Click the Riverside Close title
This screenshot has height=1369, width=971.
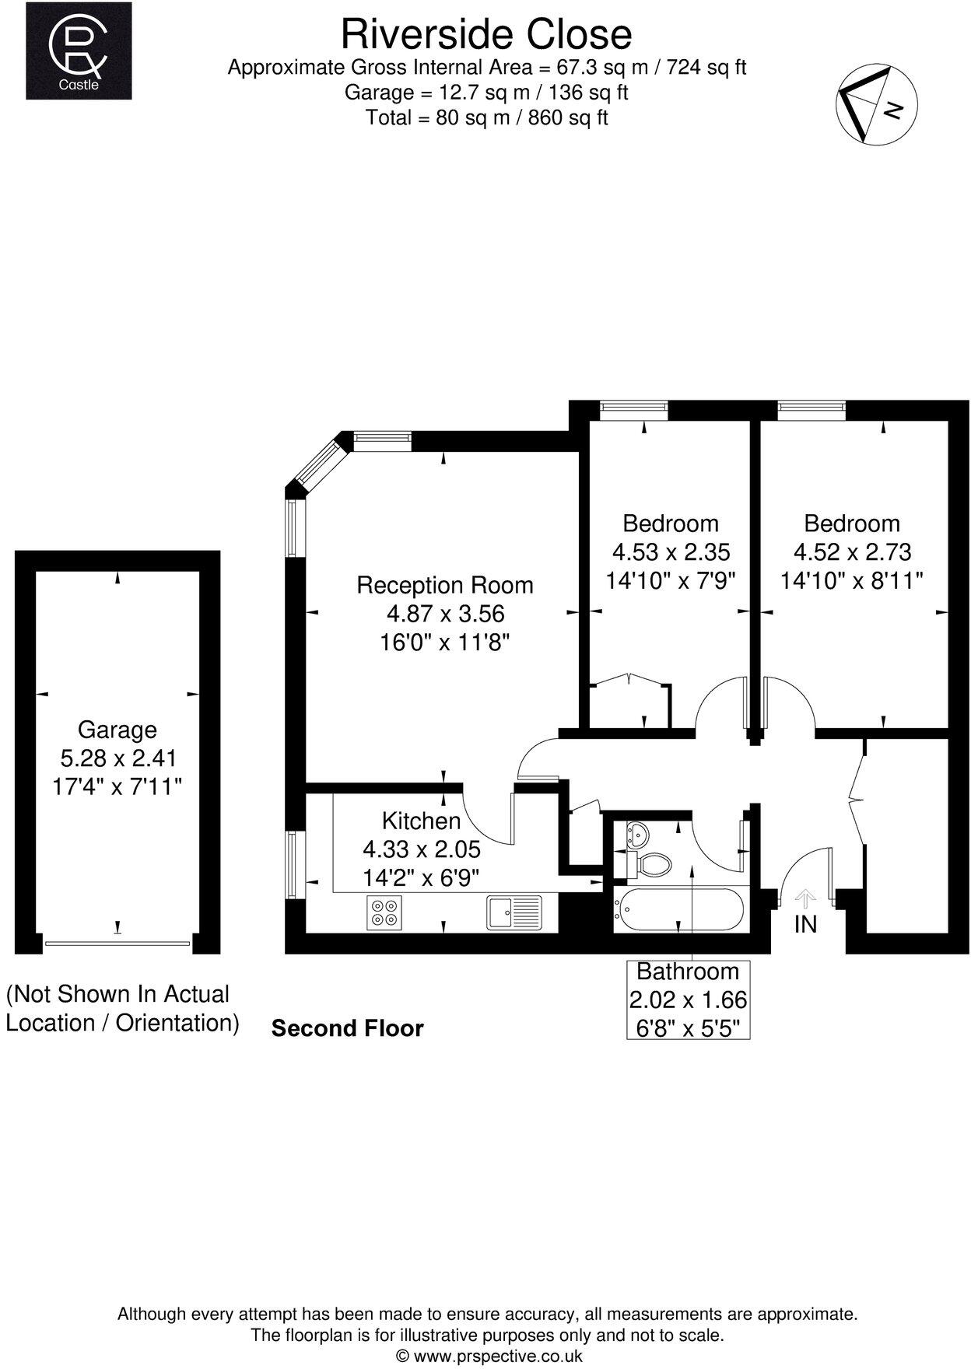[486, 35]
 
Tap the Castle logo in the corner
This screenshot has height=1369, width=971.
[79, 51]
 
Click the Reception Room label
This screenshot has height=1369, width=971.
[445, 585]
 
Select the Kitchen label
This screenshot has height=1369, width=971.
[421, 821]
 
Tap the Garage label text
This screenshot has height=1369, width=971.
[117, 730]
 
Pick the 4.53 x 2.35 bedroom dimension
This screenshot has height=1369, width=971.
[671, 552]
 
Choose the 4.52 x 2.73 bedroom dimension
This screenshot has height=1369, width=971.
[852, 552]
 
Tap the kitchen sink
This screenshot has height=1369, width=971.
[514, 912]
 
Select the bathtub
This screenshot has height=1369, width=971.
[680, 909]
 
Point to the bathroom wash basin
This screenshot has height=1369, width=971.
[636, 835]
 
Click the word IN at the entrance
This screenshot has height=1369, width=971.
[805, 924]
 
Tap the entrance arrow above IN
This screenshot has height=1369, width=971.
[805, 899]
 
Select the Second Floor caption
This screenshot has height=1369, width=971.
[347, 1028]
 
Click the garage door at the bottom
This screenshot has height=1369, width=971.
[117, 944]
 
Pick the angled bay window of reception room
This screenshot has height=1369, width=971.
[321, 464]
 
